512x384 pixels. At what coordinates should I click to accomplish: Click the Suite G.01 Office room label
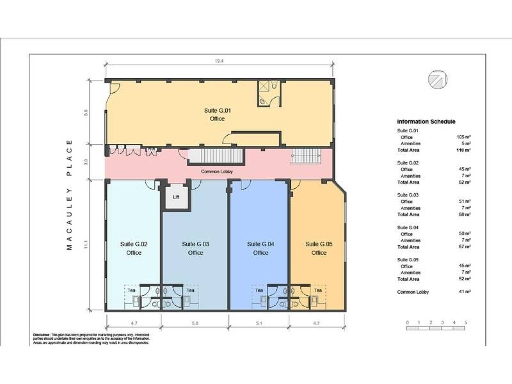[220, 115]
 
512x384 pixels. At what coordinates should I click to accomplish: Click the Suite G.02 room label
[134, 248]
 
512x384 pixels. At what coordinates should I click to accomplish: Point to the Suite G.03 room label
[195, 248]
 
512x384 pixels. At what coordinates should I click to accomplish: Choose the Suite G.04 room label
[260, 248]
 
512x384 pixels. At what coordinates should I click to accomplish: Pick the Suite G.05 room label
[319, 248]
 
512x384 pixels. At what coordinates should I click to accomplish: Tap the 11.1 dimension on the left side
[95, 246]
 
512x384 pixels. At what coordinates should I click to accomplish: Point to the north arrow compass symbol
[438, 79]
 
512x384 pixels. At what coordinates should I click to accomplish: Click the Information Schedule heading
[426, 122]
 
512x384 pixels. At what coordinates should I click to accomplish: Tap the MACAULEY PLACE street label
[70, 195]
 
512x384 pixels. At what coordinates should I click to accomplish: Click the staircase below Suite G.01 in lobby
[213, 156]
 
